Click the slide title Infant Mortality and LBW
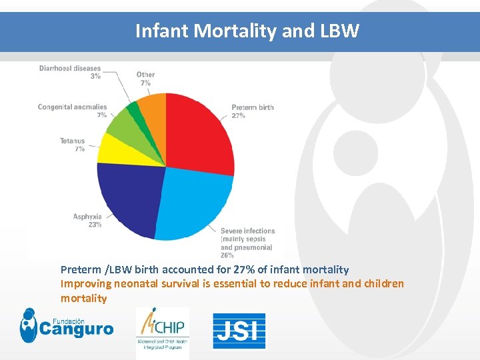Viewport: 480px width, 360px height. pos(247,31)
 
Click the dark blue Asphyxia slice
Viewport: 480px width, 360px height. pos(130,197)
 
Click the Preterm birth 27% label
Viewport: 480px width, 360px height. pos(252,111)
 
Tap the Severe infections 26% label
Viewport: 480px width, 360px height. pos(247,243)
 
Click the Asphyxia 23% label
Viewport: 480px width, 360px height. pos(87,221)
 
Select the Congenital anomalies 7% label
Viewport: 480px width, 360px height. pos(73,111)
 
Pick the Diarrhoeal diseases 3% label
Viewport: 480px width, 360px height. pos(70,72)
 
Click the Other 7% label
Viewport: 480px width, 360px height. pos(145,79)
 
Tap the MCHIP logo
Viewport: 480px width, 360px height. pos(162,332)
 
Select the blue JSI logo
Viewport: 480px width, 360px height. pos(239,331)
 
